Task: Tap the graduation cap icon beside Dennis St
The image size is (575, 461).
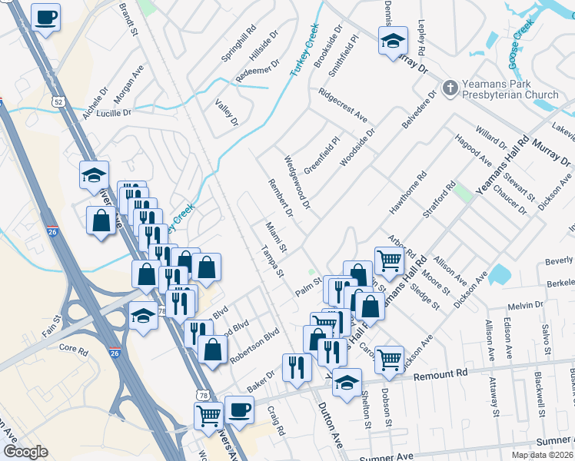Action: (393, 41)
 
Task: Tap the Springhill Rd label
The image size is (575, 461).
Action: (238, 46)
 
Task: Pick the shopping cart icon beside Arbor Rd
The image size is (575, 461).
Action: (389, 260)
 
